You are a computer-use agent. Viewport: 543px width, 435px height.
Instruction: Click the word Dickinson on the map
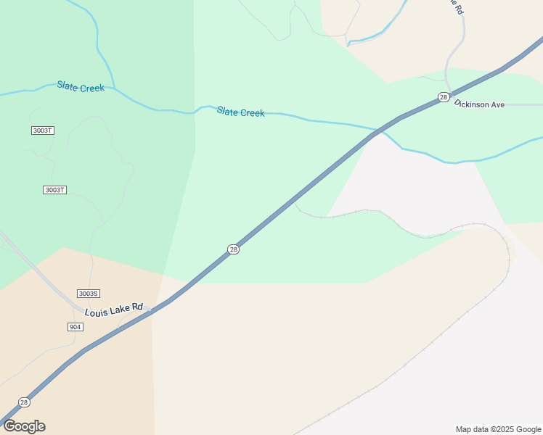473,104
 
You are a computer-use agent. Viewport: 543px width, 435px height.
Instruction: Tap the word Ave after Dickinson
498,105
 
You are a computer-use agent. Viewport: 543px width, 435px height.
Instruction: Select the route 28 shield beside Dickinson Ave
443,97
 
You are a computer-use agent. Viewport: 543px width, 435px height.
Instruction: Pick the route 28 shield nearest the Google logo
24,402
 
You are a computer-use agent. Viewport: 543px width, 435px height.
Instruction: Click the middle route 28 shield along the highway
233,249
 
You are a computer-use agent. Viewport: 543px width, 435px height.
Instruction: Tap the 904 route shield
75,327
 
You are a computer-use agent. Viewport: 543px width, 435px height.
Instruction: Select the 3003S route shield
88,294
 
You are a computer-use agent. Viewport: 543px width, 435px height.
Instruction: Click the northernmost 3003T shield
43,130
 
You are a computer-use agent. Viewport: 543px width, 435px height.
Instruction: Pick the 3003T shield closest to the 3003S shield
54,190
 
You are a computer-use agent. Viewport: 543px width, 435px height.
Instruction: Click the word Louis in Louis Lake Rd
97,312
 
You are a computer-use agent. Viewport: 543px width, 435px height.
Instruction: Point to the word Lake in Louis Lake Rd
121,310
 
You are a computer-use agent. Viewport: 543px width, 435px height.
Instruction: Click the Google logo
24,426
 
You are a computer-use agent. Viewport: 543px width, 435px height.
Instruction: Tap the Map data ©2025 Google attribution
498,429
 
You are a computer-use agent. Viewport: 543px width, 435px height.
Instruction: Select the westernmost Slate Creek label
81,87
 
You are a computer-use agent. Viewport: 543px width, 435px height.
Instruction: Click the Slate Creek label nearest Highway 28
240,112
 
